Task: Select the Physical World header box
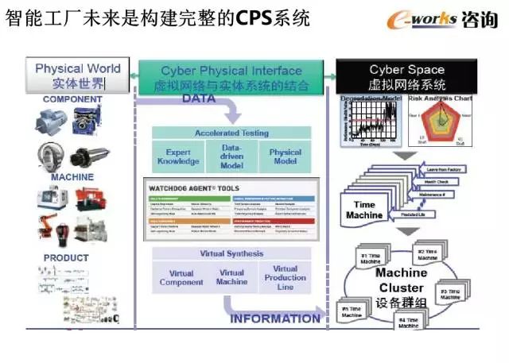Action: (77, 75)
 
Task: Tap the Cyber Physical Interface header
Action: (231, 76)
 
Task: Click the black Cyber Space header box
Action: (406, 75)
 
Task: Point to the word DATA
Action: (200, 99)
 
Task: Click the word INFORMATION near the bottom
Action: (275, 319)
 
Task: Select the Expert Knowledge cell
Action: (179, 156)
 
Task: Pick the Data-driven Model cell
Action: (232, 156)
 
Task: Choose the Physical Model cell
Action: (285, 156)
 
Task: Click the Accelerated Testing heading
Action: (232, 133)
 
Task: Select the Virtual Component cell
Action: (181, 278)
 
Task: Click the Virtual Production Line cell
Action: (284, 278)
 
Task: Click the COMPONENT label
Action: (72, 99)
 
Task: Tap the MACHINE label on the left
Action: (72, 177)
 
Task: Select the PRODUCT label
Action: (66, 258)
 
